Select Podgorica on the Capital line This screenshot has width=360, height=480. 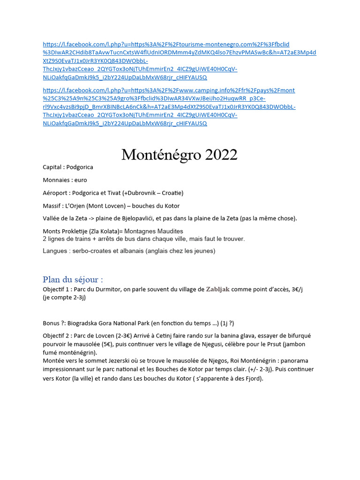pos(80,167)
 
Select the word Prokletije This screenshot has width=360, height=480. pos(76,232)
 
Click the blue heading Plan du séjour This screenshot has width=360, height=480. pos(73,279)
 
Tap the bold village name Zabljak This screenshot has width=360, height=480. pos(218,289)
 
